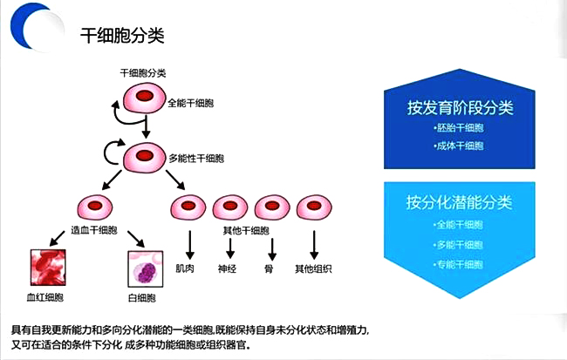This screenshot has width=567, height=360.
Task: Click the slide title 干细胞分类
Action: tap(122, 36)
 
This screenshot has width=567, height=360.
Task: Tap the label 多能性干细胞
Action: tap(198, 159)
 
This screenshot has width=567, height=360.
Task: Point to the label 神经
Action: tap(229, 268)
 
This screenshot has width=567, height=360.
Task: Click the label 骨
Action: tap(270, 268)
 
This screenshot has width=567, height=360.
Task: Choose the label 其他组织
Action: tap(312, 268)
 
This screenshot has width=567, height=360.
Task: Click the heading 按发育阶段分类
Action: tap(459, 107)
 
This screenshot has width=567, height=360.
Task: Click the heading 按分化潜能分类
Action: tap(459, 202)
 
